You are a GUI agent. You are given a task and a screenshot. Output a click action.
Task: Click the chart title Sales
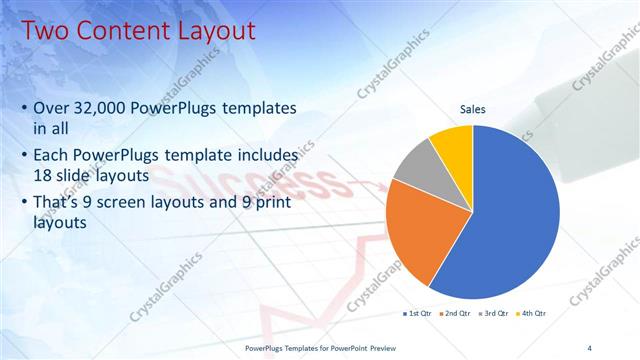pos(473,108)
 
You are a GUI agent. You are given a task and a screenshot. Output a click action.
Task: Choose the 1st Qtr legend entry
pos(417,313)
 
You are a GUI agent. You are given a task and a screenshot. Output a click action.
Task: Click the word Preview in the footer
pos(378,347)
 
